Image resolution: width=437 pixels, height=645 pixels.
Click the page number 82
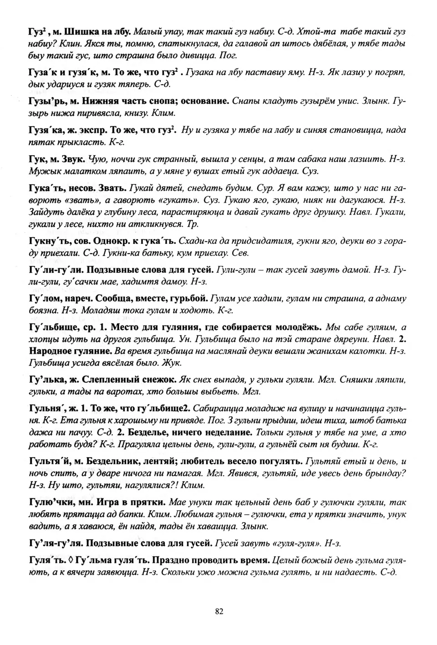tap(218, 611)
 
